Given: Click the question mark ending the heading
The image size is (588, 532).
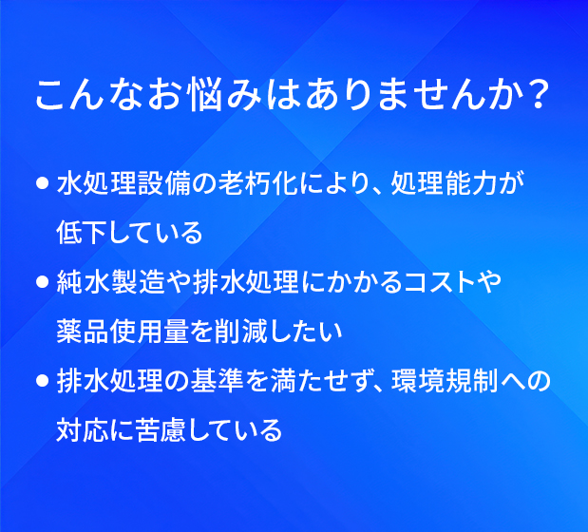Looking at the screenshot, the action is pyautogui.click(x=537, y=94).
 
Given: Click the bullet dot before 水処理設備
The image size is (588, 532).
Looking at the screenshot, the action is pyautogui.click(x=43, y=183).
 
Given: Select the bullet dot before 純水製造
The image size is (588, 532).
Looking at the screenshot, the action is pyautogui.click(x=43, y=282).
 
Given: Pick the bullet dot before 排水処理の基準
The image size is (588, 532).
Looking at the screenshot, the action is pyautogui.click(x=43, y=381).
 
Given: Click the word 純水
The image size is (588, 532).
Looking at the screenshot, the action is pyautogui.click(x=84, y=282).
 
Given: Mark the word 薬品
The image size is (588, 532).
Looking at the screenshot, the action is pyautogui.click(x=83, y=332).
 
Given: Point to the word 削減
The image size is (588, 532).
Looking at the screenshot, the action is pyautogui.click(x=241, y=332).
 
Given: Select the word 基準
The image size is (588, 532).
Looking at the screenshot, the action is pyautogui.click(x=218, y=381).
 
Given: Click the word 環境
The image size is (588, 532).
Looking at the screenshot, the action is pyautogui.click(x=418, y=381).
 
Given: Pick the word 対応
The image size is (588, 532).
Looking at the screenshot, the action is pyautogui.click(x=83, y=429).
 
